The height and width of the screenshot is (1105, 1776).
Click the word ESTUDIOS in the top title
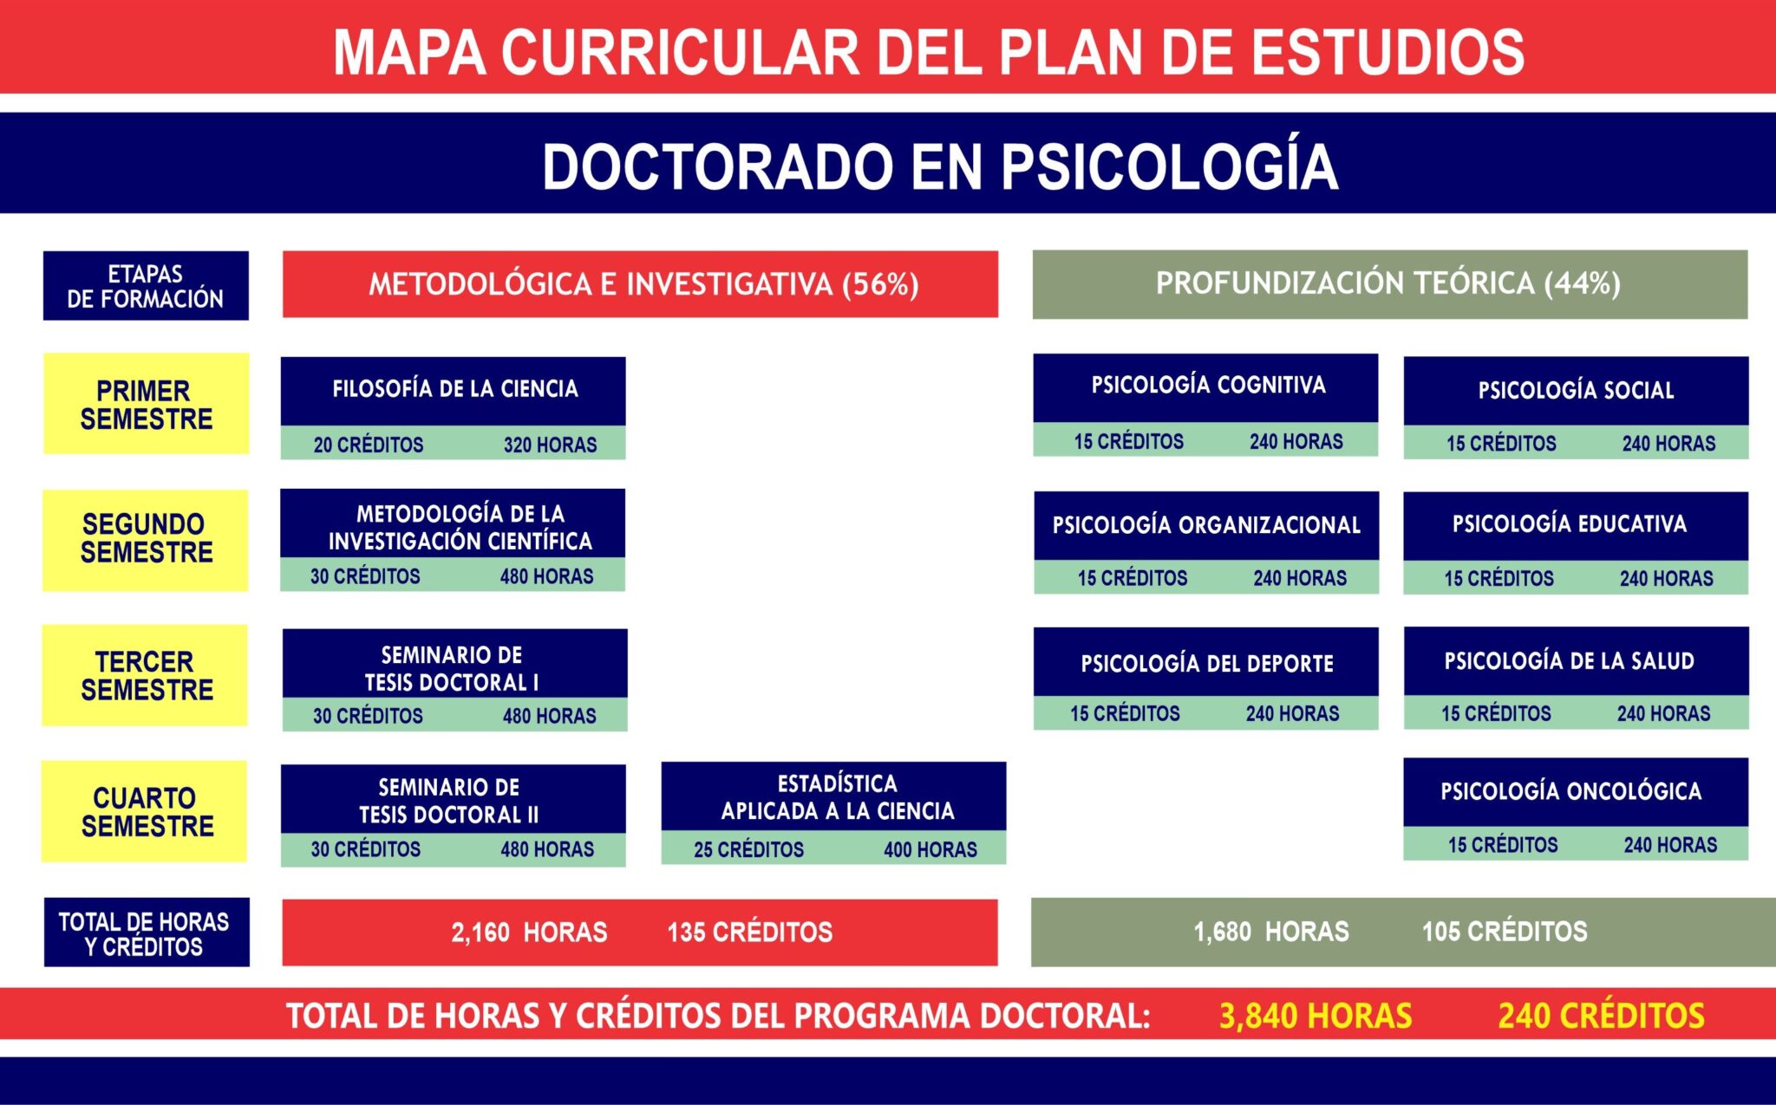coord(1387,52)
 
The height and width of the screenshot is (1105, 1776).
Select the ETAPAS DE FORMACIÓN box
coord(146,286)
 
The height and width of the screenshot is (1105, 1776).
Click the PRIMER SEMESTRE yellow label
coord(146,404)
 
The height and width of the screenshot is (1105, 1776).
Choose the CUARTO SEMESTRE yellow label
coord(146,811)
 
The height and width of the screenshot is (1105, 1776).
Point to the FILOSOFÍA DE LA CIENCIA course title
coord(454,389)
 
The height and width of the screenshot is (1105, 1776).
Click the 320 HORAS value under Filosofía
coord(550,445)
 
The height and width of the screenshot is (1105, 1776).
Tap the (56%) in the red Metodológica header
coord(880,284)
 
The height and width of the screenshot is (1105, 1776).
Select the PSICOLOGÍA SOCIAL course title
coord(1576,391)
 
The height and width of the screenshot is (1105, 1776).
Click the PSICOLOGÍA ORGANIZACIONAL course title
coord(1206,525)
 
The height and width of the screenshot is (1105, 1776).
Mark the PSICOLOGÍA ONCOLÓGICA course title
coord(1570,791)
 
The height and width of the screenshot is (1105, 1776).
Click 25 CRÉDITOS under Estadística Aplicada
coord(748,849)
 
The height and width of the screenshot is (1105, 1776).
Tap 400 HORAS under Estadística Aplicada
coord(930,849)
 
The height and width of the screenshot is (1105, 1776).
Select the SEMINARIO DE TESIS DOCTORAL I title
coord(452,668)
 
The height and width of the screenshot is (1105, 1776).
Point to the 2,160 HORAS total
coord(529,933)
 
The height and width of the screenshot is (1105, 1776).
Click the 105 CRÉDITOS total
coord(1505,932)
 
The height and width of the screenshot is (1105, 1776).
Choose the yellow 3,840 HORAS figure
coord(1316,1016)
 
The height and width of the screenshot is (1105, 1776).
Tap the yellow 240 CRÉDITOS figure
coord(1601,1016)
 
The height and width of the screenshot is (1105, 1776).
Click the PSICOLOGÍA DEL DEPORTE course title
coord(1206,664)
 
